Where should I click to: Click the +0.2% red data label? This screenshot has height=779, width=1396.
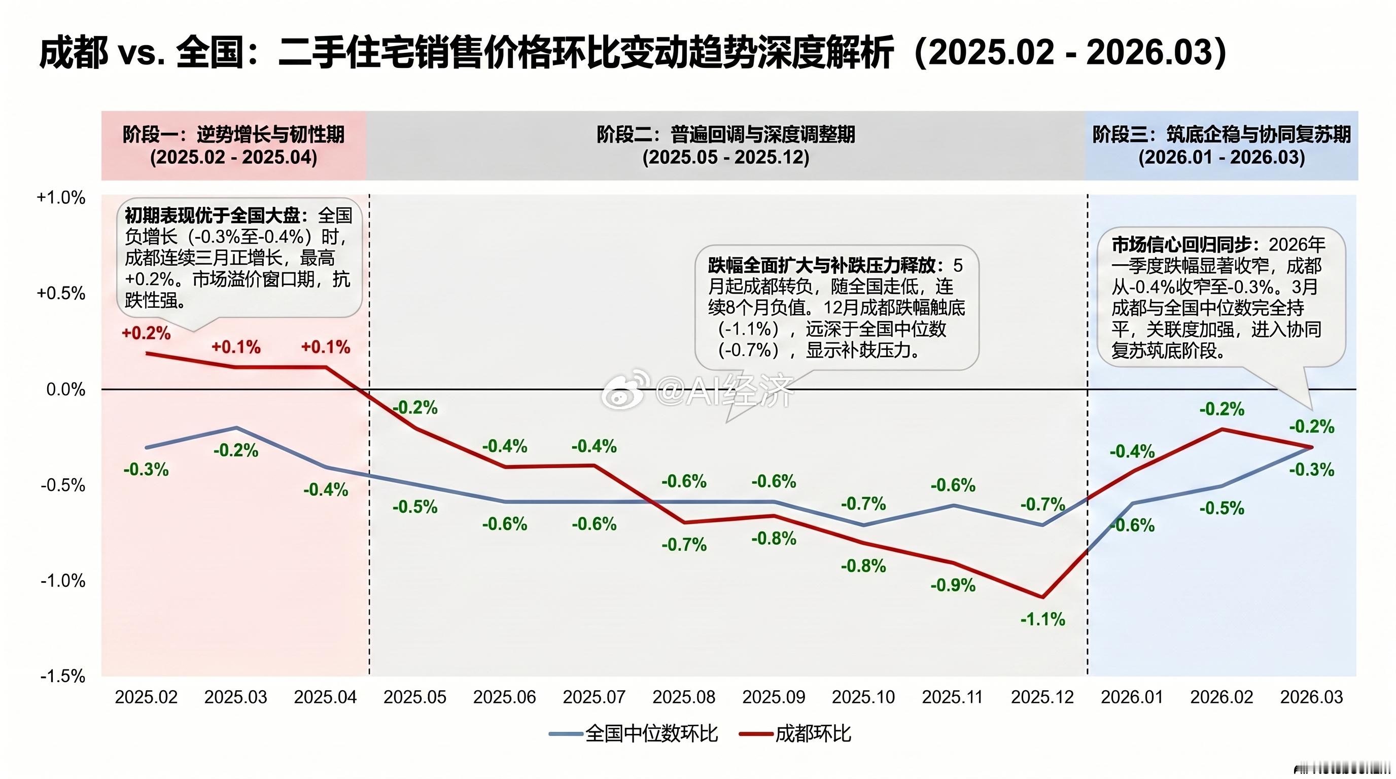146,333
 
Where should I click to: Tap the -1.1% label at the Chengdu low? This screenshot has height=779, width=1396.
1042,619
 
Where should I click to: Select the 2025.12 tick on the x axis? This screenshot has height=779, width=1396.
1041,697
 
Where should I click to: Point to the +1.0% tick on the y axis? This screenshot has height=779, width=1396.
61,198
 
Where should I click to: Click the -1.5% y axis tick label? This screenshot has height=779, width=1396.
63,676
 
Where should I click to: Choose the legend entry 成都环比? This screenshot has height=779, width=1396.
812,734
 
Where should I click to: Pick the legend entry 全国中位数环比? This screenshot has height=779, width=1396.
651,734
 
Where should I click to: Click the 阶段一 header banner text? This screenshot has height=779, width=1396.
233,134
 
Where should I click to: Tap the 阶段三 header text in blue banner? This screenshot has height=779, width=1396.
1221,134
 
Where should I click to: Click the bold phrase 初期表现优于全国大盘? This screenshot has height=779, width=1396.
213,216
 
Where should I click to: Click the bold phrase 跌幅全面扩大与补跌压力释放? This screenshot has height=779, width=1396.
822,265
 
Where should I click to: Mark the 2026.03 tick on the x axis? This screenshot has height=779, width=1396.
1311,697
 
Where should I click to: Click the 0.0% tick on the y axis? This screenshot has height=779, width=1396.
65,389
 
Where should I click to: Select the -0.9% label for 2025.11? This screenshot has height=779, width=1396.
953,586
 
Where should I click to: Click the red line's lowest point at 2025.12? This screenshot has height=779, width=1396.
1042,597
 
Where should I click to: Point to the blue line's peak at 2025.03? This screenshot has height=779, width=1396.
236,428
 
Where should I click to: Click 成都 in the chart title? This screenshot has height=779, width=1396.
74,53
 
